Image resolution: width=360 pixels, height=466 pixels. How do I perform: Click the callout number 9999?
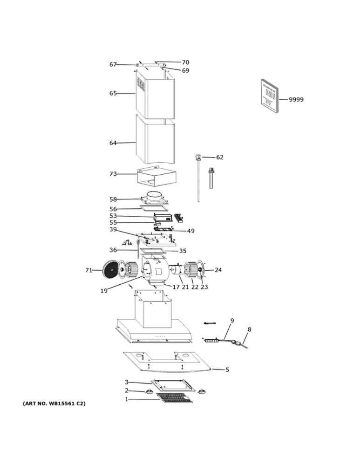click(296, 100)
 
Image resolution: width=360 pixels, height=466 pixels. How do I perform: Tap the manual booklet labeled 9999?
click(270, 96)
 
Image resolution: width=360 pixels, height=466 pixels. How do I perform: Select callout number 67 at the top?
click(113, 64)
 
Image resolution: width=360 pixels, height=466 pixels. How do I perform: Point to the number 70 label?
click(185, 62)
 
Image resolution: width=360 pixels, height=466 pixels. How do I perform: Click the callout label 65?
click(113, 93)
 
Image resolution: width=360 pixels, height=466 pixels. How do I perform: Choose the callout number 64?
click(113, 143)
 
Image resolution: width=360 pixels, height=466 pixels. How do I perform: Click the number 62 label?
click(219, 157)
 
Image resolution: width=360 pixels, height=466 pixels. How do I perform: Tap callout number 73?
click(113, 174)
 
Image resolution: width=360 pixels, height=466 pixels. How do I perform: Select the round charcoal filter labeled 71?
click(111, 269)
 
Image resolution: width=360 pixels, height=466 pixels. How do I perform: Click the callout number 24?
click(218, 270)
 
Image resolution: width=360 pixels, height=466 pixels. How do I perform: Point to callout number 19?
click(104, 291)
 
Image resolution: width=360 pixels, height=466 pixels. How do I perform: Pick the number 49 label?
click(190, 231)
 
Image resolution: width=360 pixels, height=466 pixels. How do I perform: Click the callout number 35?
click(183, 251)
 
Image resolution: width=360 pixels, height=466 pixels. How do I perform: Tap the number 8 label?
click(249, 329)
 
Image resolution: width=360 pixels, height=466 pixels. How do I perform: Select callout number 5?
click(227, 370)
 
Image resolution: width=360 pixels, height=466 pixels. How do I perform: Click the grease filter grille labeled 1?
click(174, 397)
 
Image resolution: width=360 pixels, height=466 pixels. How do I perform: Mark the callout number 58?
click(113, 199)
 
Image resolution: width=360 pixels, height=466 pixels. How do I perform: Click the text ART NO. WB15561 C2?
click(54, 404)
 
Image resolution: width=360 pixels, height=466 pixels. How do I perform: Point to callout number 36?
click(113, 250)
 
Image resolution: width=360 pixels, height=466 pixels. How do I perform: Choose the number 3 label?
click(126, 382)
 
